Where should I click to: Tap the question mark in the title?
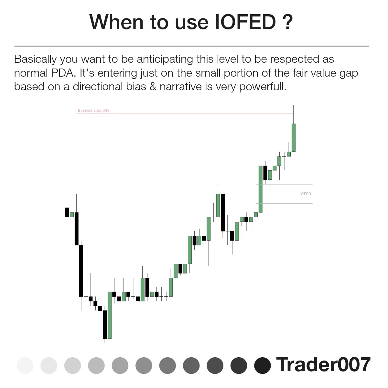[x=287, y=22]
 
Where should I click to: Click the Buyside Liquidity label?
[x=93, y=111]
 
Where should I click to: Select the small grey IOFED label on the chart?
[x=305, y=194]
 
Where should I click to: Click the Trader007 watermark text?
[x=323, y=364]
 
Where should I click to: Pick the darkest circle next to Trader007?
[x=262, y=366]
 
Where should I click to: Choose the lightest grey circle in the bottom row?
[x=25, y=366]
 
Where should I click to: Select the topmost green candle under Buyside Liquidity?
[x=294, y=137]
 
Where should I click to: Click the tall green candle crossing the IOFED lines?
[x=260, y=189]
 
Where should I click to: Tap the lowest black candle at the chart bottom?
[x=105, y=324]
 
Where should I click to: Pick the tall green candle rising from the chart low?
[x=110, y=315]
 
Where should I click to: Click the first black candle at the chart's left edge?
[x=67, y=212]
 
